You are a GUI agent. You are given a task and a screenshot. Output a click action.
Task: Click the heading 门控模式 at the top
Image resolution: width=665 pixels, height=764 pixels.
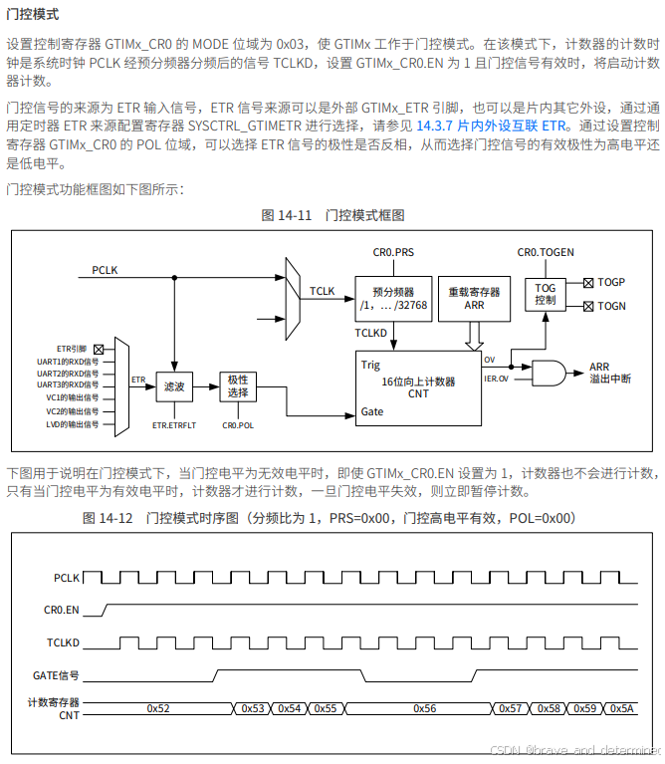pyautogui.click(x=33, y=14)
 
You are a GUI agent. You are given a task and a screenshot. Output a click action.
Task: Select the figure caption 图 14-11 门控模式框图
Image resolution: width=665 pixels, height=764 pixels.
pyautogui.click(x=332, y=215)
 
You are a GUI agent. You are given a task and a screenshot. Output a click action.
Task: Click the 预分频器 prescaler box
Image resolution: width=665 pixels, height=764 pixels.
pyautogui.click(x=393, y=299)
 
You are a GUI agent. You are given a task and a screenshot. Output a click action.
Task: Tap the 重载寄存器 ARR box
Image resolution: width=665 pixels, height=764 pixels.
pyautogui.click(x=474, y=299)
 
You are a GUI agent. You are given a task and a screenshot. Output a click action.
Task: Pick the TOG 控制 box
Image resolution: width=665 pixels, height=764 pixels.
pyautogui.click(x=546, y=294)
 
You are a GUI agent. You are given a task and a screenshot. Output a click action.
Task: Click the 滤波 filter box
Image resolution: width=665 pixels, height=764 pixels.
pyautogui.click(x=175, y=385)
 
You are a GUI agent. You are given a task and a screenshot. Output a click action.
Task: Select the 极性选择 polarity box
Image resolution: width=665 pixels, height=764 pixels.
pyautogui.click(x=238, y=385)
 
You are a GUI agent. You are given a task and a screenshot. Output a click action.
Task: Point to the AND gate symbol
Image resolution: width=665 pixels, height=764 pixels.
pyautogui.click(x=548, y=374)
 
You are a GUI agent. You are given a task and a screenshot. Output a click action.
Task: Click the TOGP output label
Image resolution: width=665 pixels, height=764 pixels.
pyautogui.click(x=611, y=283)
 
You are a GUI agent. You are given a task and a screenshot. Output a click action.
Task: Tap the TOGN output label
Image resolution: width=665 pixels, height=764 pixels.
pyautogui.click(x=611, y=306)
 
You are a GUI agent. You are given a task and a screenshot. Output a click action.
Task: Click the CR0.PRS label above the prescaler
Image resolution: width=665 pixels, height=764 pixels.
pyautogui.click(x=393, y=254)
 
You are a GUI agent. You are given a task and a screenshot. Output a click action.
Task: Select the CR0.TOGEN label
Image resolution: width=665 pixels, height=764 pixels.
pyautogui.click(x=546, y=253)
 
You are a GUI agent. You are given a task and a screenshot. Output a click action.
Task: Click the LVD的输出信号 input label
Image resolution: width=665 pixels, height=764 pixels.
pyautogui.click(x=73, y=424)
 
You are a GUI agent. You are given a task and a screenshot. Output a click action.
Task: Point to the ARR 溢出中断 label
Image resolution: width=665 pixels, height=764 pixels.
pyautogui.click(x=609, y=374)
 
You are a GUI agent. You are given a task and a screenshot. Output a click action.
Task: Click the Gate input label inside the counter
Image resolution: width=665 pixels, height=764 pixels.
pyautogui.click(x=372, y=411)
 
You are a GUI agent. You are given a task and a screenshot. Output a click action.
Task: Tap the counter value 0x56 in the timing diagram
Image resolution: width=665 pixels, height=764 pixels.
pyautogui.click(x=424, y=708)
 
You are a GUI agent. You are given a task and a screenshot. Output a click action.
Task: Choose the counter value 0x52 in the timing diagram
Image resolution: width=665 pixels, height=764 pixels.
pyautogui.click(x=157, y=708)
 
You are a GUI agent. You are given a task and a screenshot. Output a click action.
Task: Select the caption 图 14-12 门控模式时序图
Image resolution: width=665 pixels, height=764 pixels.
pyautogui.click(x=330, y=518)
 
